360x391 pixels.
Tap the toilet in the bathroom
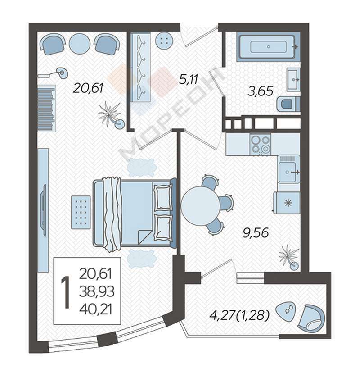click(288, 104)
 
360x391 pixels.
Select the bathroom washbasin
click(293, 80)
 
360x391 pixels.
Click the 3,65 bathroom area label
click(261, 91)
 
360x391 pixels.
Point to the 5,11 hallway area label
click(189, 80)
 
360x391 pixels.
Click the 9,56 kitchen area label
click(256, 233)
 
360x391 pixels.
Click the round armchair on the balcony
click(311, 318)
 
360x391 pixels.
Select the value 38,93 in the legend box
click(97, 291)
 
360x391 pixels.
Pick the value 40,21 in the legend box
click(96, 309)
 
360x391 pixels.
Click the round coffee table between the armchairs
click(80, 44)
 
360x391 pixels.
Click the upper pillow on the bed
click(162, 197)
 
